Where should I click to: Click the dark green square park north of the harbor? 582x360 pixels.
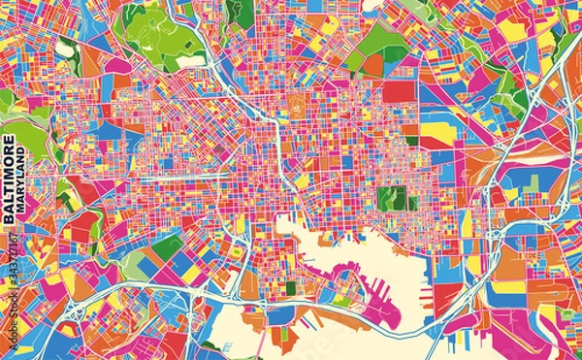(392, 198)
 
